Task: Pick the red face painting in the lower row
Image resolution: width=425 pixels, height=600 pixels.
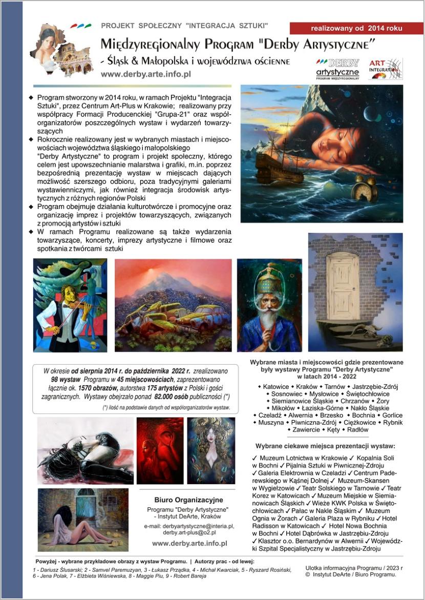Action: [x=160, y=450]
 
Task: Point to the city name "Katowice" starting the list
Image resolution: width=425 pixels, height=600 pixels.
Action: [x=277, y=387]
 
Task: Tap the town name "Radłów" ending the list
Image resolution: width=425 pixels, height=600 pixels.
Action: [x=358, y=430]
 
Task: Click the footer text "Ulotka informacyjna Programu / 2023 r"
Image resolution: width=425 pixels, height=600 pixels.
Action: [x=354, y=568]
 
